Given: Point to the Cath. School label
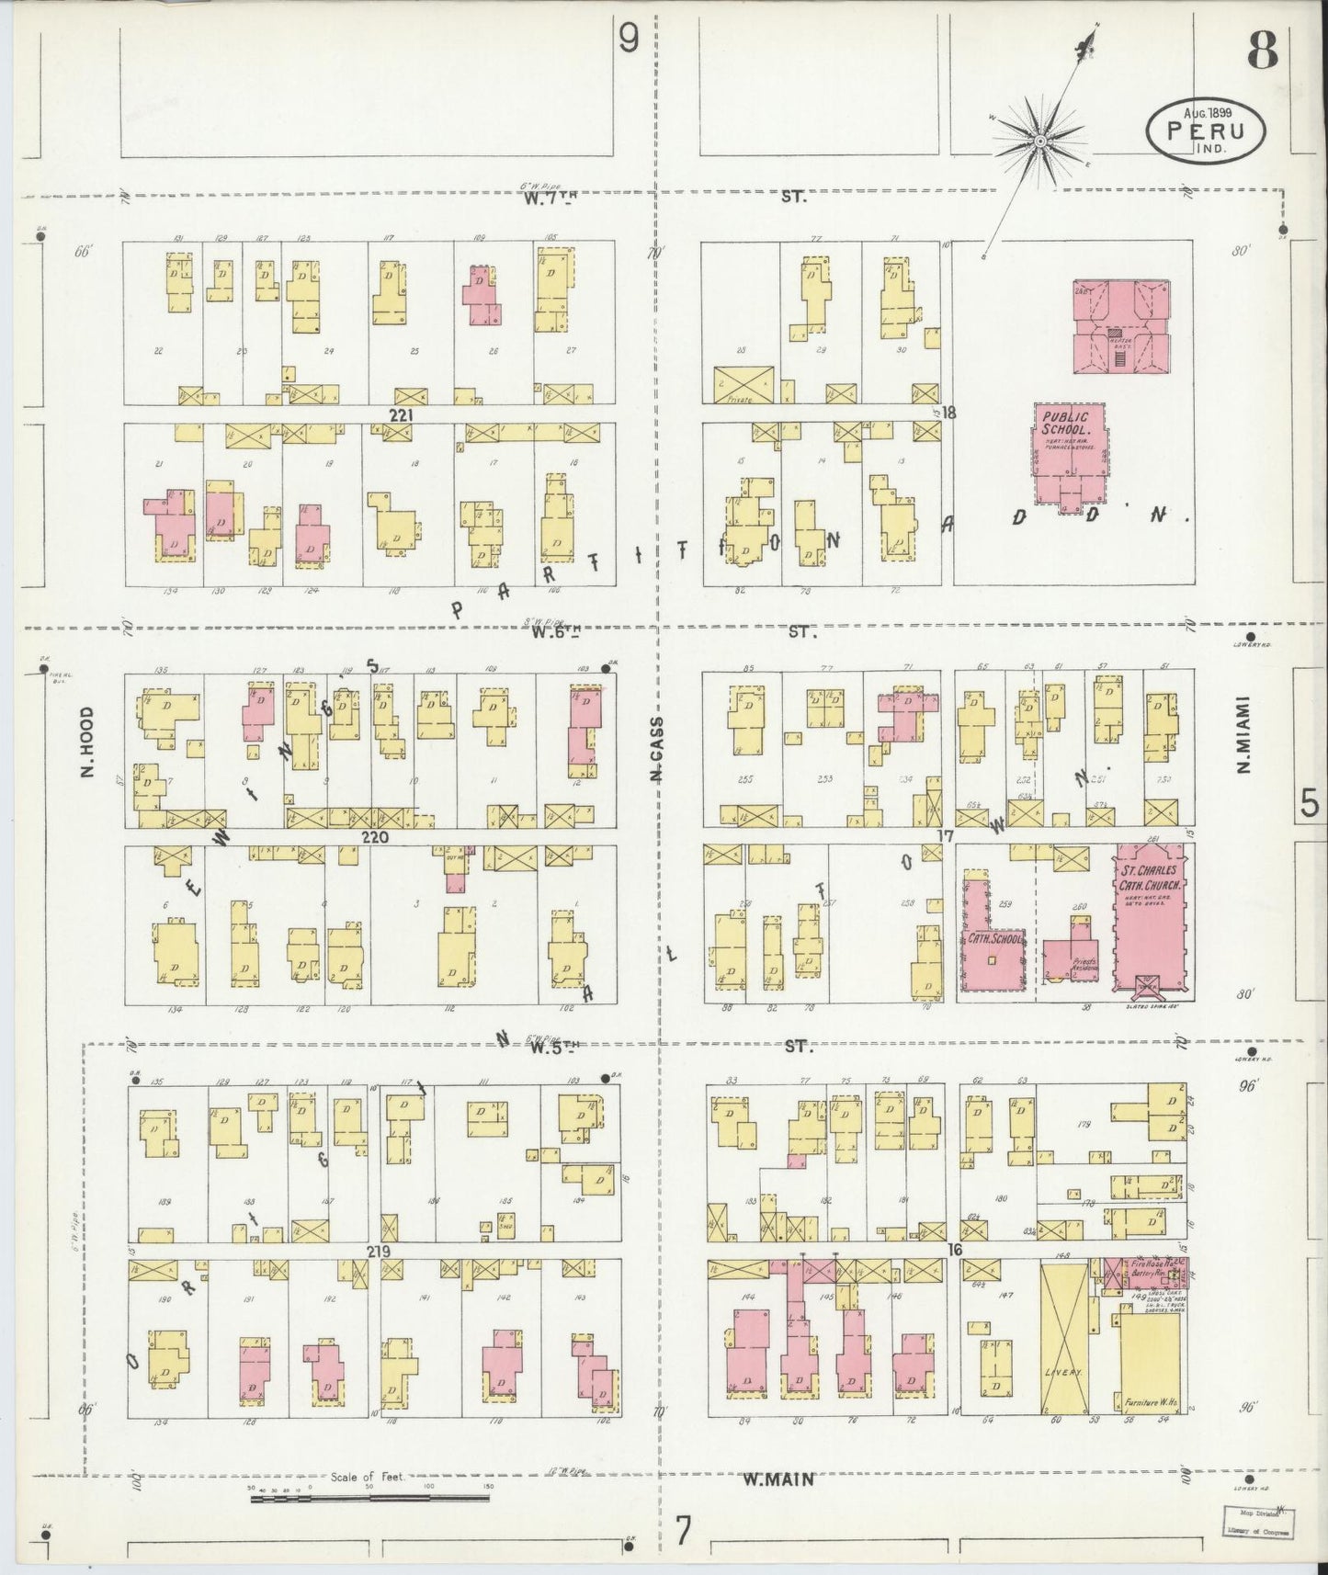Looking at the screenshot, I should pos(988,939).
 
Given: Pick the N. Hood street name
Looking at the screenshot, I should pos(87,742).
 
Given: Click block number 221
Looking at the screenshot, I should pos(401,415).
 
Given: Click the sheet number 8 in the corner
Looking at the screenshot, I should pos(1263,53).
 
